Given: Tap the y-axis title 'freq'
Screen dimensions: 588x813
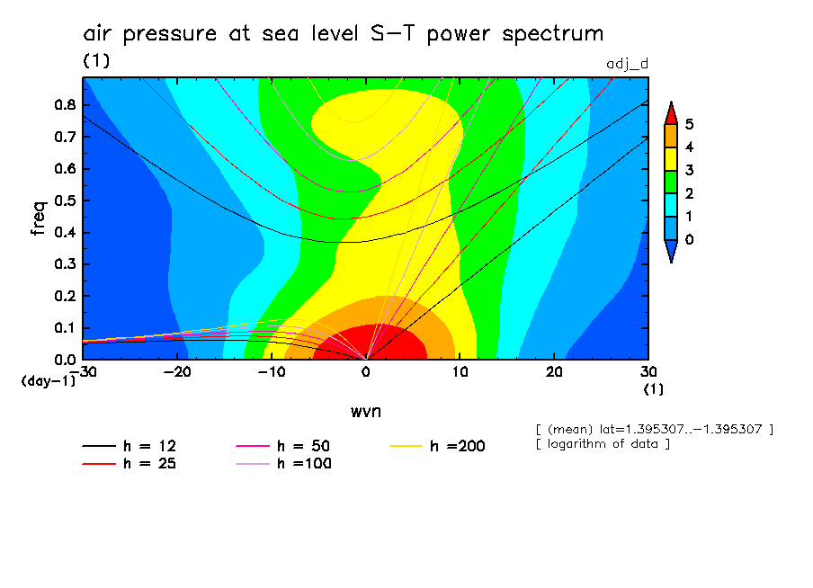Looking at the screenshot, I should click(38, 218).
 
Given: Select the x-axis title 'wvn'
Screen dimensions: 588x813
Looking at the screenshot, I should click(365, 411).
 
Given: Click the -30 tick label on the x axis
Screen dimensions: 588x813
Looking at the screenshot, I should click(83, 371).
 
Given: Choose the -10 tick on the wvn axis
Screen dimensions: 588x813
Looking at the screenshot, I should click(272, 371).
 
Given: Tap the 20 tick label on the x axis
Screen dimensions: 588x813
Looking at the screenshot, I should click(554, 371).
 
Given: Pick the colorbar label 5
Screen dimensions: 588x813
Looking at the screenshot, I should click(690, 123).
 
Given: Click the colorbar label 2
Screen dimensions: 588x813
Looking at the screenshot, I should click(690, 192).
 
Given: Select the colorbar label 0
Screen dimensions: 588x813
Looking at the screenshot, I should click(690, 239).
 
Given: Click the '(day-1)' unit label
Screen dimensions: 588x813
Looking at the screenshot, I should click(49, 381).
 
